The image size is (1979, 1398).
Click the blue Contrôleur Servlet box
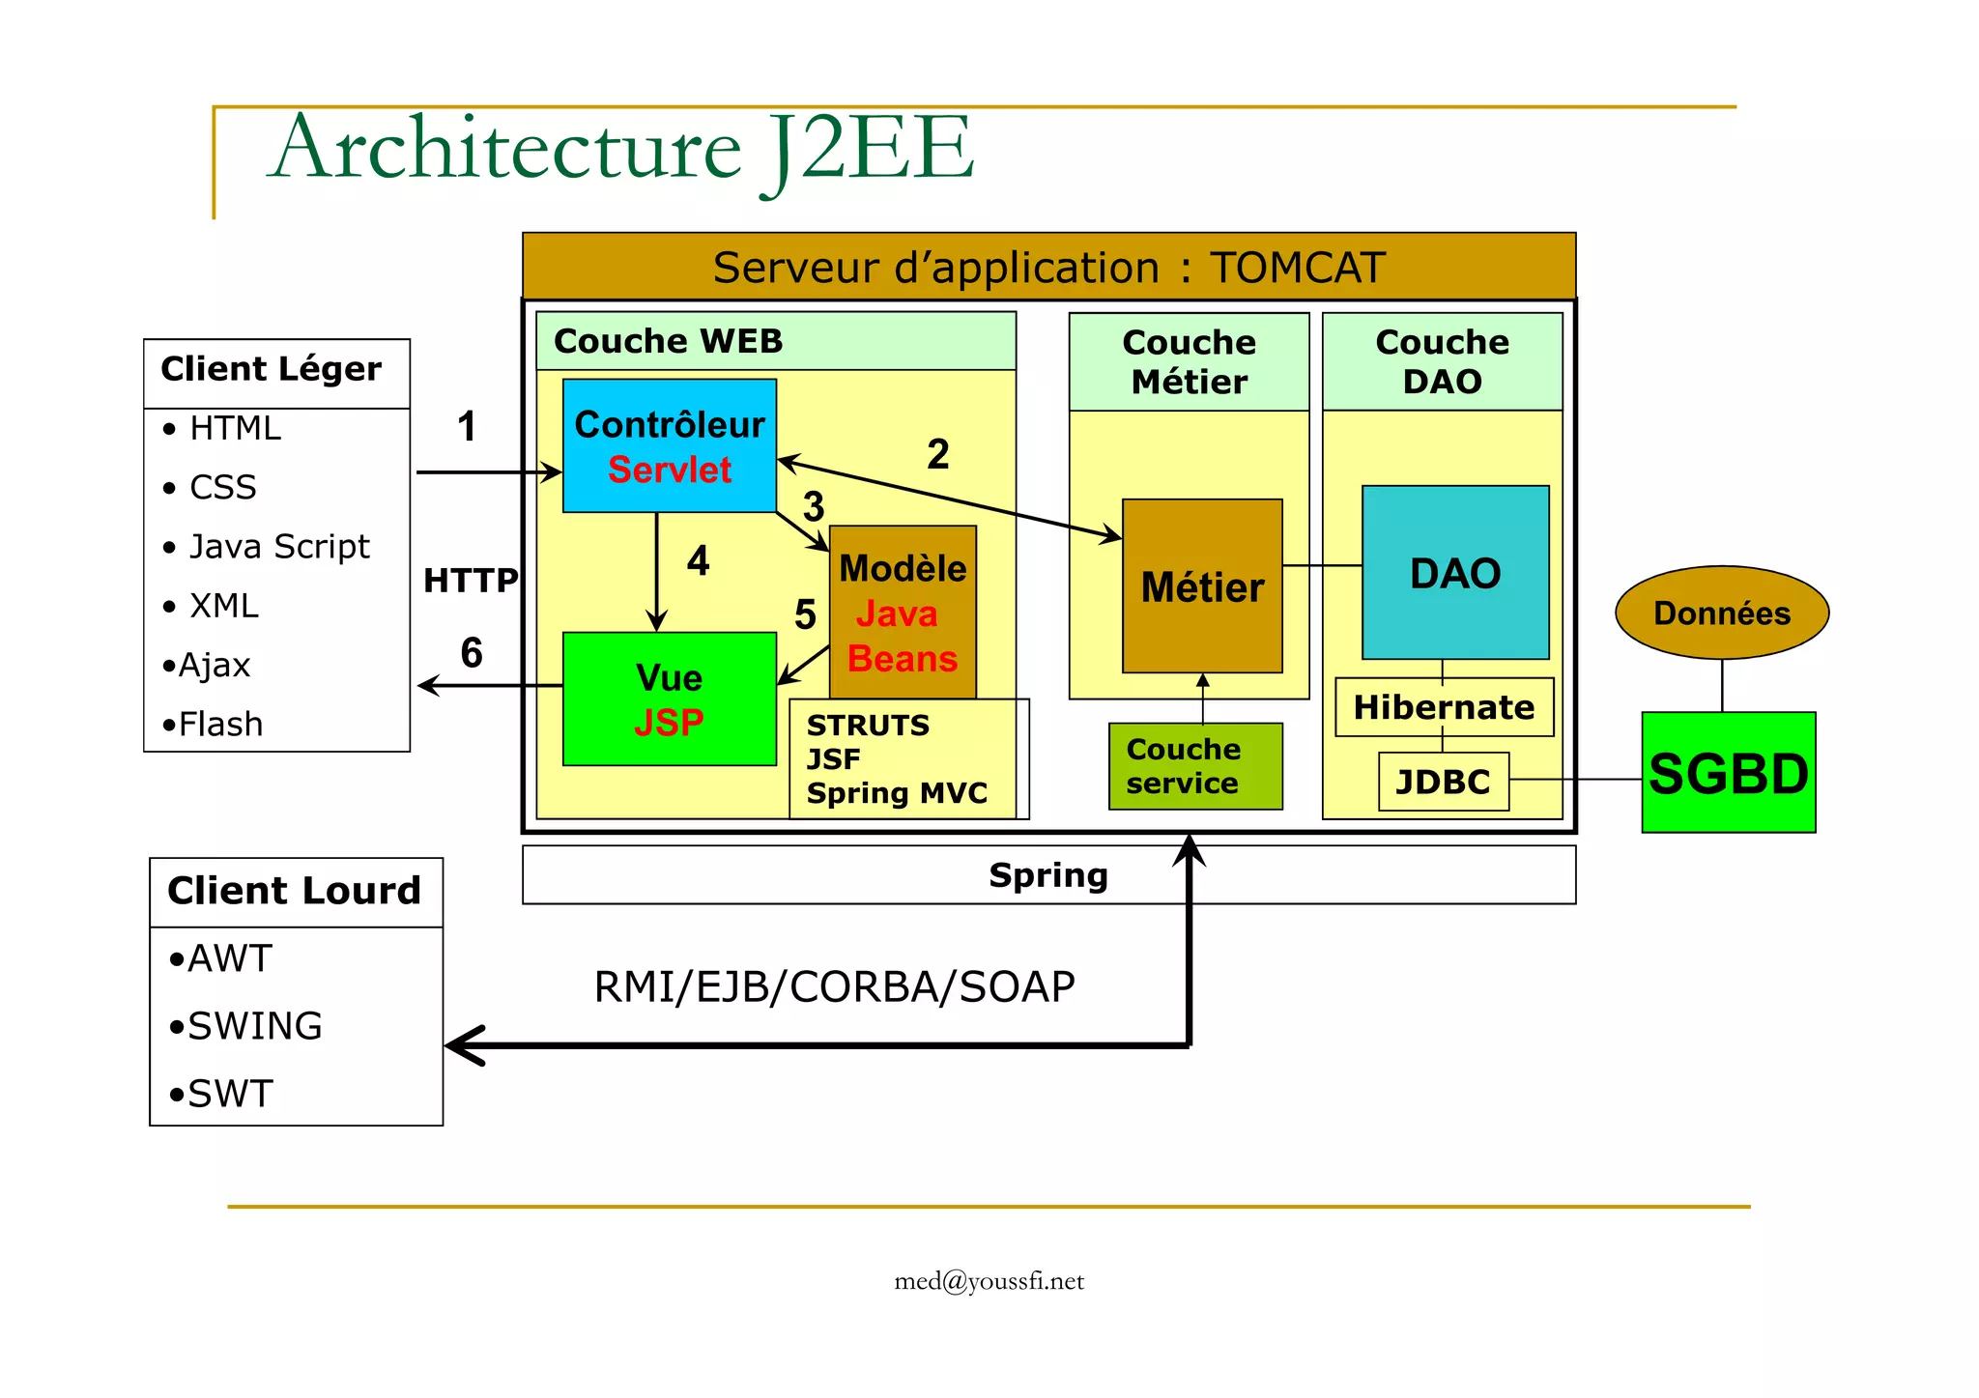point(669,445)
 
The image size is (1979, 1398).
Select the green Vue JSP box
point(669,699)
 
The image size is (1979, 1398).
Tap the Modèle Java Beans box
point(903,613)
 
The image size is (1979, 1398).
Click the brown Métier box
point(1202,586)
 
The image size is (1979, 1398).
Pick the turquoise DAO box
point(1455,573)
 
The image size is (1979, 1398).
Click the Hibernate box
point(1444,707)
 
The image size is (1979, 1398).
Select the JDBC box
point(1443,781)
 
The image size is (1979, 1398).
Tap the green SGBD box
point(1728,773)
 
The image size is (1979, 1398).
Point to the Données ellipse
point(1722,613)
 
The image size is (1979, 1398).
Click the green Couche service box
point(1194,766)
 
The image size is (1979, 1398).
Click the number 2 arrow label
point(937,454)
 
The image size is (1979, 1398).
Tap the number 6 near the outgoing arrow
point(472,653)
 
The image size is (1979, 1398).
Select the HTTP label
point(471,581)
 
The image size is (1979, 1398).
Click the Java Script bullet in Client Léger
point(278,547)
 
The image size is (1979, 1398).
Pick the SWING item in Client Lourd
point(254,1026)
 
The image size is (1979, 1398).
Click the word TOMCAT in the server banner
point(1297,268)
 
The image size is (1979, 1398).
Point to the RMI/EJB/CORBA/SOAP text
point(834,986)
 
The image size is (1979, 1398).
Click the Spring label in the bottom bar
point(1048,875)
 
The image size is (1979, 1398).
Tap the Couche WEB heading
point(668,341)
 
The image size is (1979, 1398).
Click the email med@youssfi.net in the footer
point(989,1281)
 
